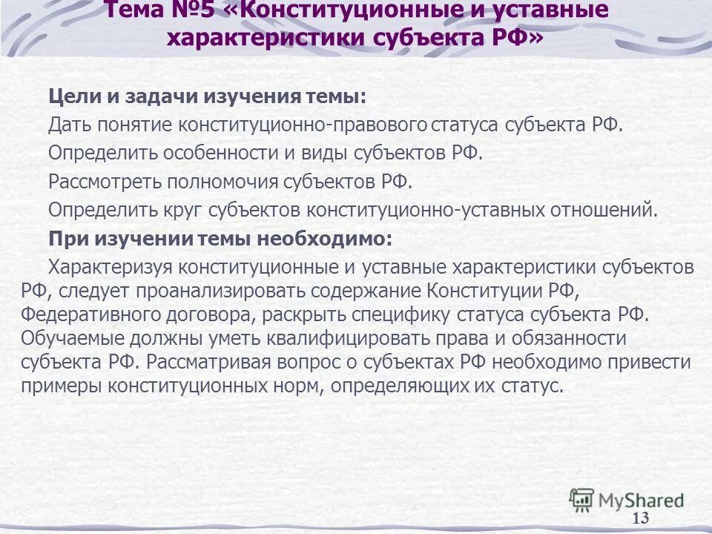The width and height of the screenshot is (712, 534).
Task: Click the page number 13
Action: (x=641, y=518)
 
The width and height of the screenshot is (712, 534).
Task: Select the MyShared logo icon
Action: (x=581, y=499)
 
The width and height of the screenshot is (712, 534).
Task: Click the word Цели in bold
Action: (x=73, y=97)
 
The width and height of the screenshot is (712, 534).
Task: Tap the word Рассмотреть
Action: (x=104, y=181)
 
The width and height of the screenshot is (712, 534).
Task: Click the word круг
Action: (x=184, y=209)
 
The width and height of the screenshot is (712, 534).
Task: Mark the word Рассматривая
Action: (x=220, y=363)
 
